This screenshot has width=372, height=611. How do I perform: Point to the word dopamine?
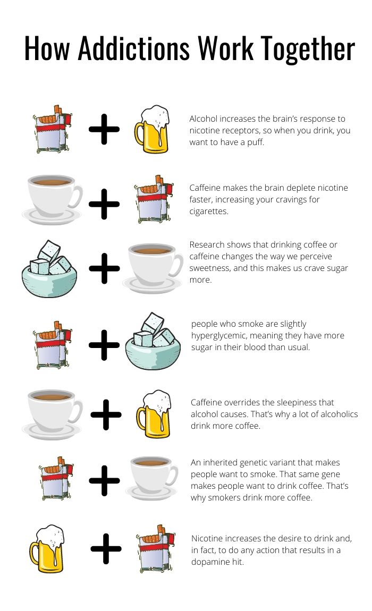(x=210, y=562)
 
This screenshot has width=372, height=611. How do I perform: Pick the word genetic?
(x=253, y=463)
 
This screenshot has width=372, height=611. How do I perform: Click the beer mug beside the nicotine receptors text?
(x=152, y=129)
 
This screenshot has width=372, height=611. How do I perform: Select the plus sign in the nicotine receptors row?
(x=104, y=129)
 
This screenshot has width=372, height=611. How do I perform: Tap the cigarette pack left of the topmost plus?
(x=52, y=129)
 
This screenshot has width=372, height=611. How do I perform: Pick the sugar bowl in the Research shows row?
(x=49, y=269)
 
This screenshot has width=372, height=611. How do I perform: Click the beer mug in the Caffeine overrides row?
(x=154, y=414)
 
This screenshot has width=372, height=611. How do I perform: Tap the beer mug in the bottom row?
(x=47, y=549)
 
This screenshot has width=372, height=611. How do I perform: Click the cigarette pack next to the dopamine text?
(x=156, y=549)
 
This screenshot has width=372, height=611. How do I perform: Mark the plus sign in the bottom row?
(x=106, y=549)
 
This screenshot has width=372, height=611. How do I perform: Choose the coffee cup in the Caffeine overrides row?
(x=52, y=414)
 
